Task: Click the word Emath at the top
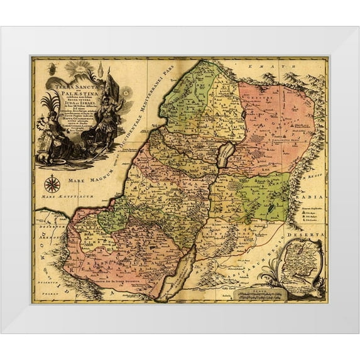click(x=257, y=67)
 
